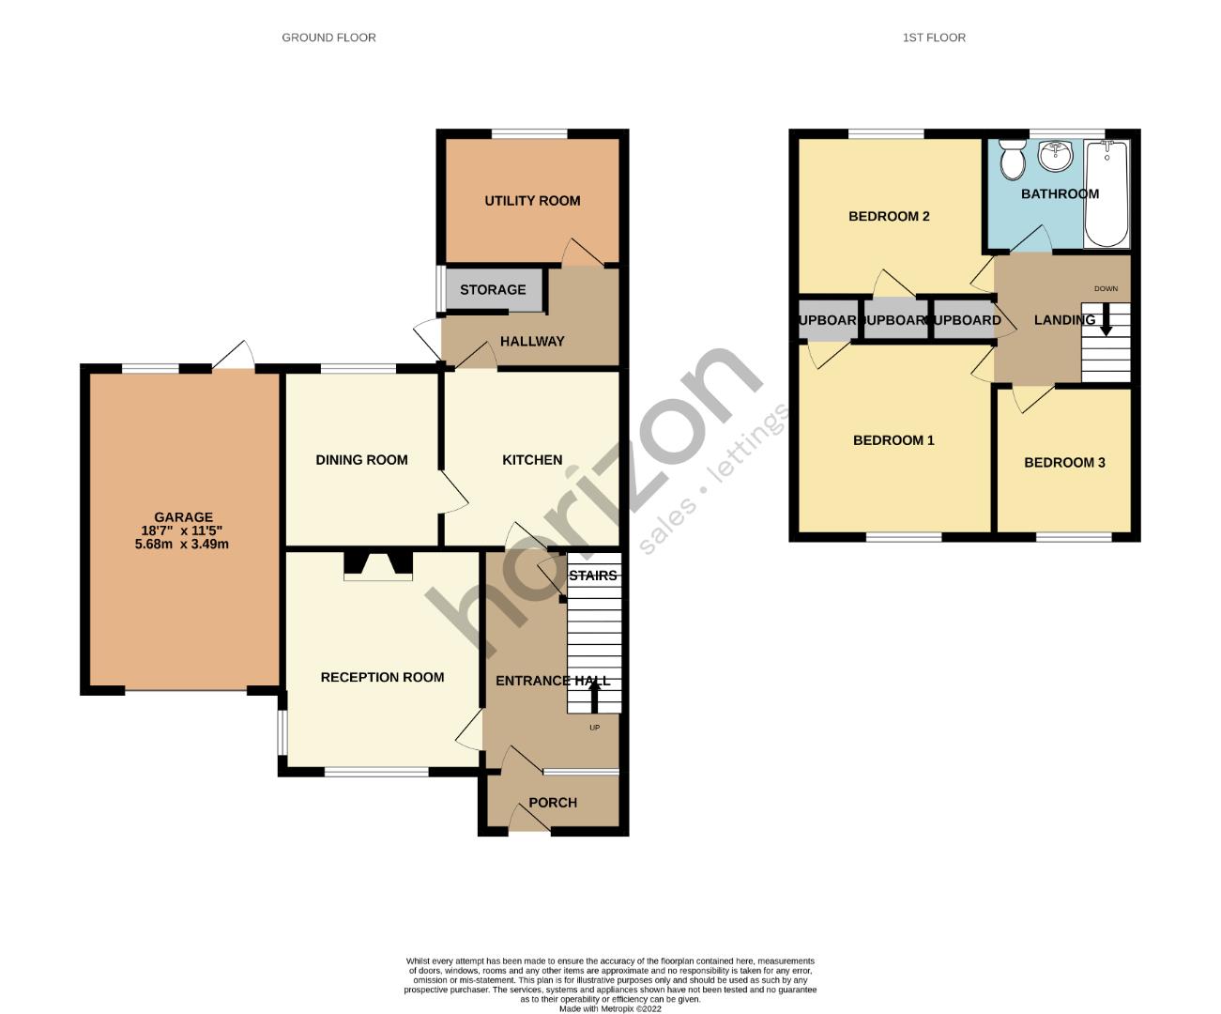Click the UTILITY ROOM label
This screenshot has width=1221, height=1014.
(x=532, y=201)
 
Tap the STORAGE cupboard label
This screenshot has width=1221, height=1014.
(x=493, y=290)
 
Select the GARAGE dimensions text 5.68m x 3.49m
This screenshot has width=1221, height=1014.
(x=183, y=544)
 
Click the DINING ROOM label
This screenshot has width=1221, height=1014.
(x=361, y=460)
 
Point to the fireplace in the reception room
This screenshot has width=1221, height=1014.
(x=378, y=563)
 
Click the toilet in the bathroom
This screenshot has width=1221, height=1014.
(x=1012, y=161)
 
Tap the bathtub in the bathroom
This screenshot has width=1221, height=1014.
(x=1107, y=193)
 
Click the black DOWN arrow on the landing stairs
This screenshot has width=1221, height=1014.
(x=1106, y=321)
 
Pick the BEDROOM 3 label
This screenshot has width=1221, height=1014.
(x=1064, y=463)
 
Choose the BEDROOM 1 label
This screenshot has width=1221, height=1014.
(x=893, y=440)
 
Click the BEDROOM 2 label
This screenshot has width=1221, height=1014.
(x=889, y=217)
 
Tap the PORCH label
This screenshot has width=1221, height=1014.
(x=553, y=803)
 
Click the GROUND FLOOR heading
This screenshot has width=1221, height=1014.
(x=328, y=38)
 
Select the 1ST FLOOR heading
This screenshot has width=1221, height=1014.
(x=934, y=38)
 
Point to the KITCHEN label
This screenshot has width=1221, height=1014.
(x=532, y=460)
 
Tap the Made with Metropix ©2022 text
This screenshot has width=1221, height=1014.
(x=610, y=1009)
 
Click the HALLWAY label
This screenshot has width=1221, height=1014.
(x=532, y=342)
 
